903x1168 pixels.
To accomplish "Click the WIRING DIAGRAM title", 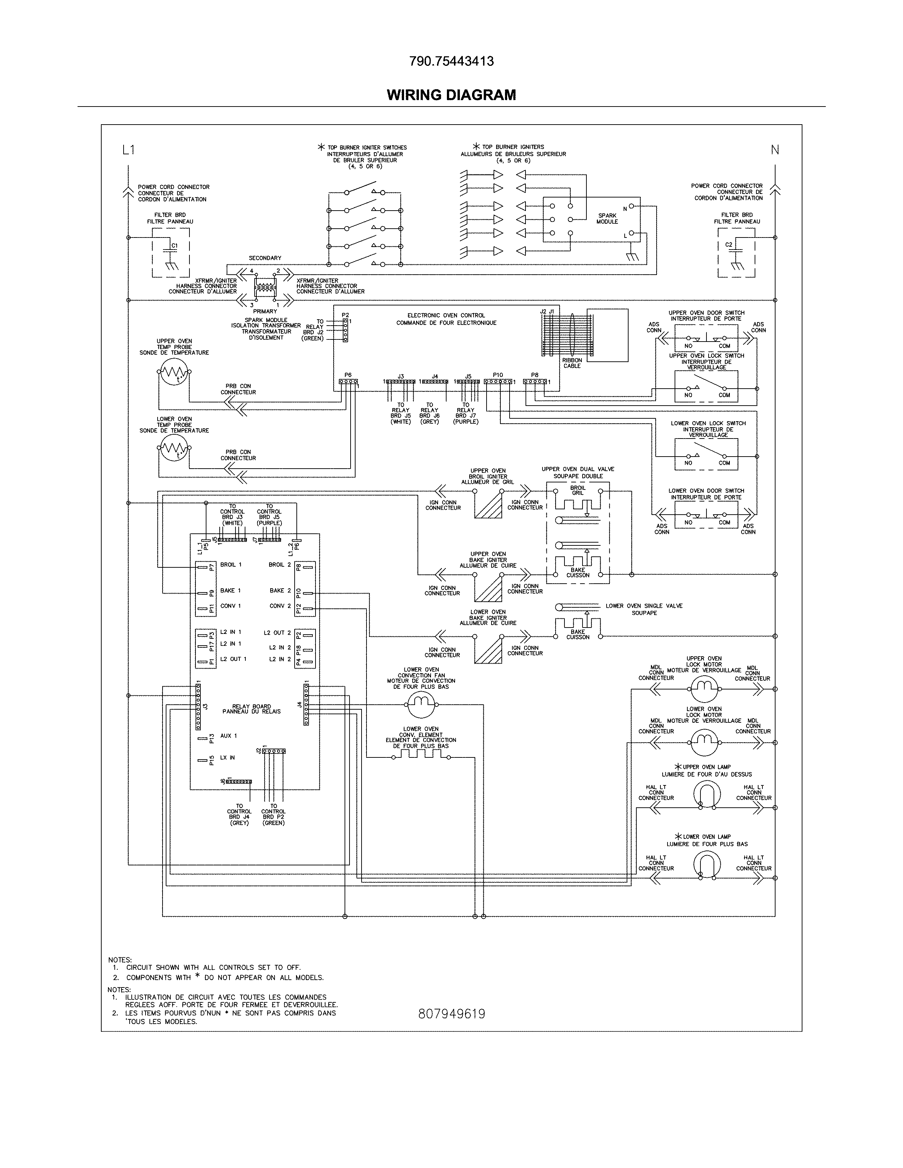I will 451,95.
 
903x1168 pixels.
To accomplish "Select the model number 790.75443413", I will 451,62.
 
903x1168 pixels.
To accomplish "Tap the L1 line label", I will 129,150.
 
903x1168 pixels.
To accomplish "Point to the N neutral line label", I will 774,150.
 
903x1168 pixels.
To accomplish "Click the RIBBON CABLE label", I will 572,363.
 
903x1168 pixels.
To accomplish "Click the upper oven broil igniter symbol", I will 488,504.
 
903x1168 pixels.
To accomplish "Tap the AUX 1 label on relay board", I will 228,736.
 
